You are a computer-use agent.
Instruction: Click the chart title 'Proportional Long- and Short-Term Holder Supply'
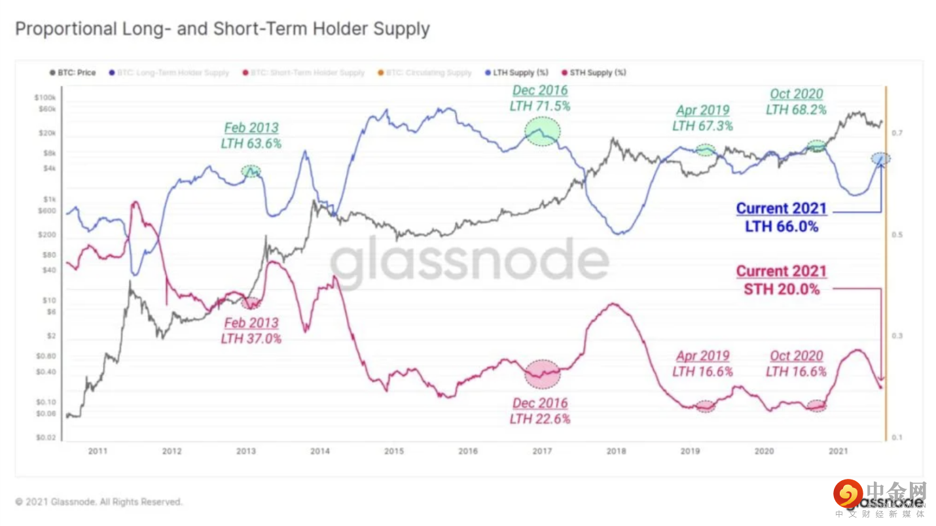click(222, 29)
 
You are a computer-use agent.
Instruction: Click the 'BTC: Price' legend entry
click(73, 73)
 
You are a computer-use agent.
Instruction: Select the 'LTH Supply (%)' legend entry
click(517, 73)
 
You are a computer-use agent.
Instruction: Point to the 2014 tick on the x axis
click(319, 451)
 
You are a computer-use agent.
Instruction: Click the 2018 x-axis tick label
click(616, 451)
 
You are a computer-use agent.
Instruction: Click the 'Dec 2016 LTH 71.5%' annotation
click(540, 97)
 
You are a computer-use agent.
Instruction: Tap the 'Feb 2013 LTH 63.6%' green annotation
click(251, 135)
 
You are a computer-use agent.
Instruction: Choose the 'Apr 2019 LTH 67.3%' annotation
click(702, 118)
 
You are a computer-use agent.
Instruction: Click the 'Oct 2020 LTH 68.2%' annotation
click(796, 101)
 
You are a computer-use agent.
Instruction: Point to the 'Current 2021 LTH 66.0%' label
click(782, 217)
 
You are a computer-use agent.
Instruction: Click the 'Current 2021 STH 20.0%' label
click(782, 279)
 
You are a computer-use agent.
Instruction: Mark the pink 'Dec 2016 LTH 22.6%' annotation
click(540, 411)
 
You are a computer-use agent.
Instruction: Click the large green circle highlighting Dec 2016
click(543, 131)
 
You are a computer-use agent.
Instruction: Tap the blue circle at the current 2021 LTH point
click(880, 158)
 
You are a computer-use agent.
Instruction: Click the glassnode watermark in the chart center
click(469, 262)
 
